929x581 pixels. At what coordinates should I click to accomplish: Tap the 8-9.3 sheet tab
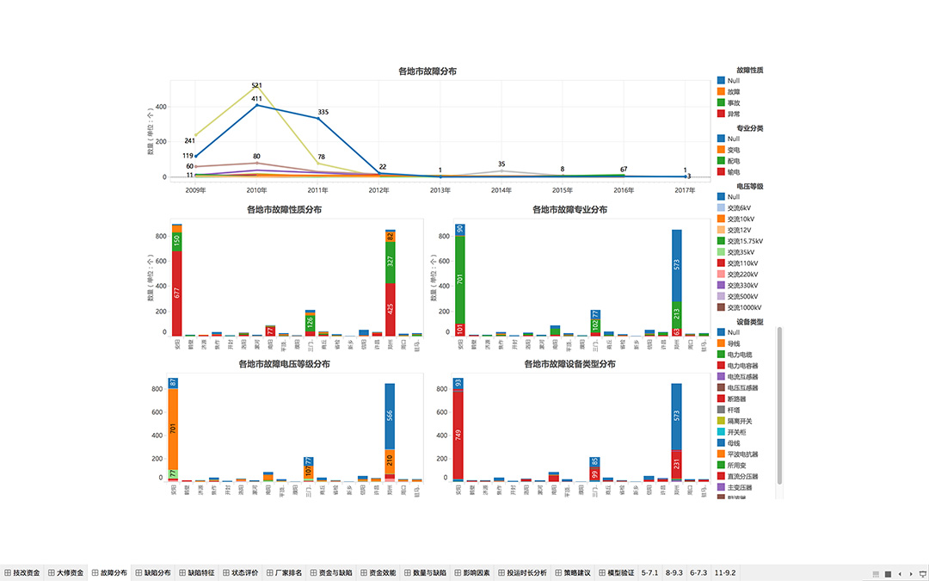click(674, 572)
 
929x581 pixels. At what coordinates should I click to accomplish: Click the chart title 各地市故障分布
click(428, 71)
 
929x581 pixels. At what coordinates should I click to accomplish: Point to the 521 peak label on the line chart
click(256, 85)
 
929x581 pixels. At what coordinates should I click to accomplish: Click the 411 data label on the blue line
click(256, 99)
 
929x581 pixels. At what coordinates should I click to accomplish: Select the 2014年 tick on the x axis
click(501, 189)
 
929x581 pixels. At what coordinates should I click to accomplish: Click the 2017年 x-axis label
click(685, 189)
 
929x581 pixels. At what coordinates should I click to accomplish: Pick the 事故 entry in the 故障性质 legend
click(733, 102)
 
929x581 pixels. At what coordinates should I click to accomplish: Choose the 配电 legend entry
click(733, 161)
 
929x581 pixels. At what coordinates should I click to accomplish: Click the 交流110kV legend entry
click(742, 263)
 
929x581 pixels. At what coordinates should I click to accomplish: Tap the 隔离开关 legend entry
click(739, 421)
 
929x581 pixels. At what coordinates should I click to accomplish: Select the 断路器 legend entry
click(736, 399)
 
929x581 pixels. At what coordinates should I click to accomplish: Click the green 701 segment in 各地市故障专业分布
click(460, 279)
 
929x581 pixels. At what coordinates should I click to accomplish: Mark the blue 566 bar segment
click(390, 415)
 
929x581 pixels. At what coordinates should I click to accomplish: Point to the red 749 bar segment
click(458, 435)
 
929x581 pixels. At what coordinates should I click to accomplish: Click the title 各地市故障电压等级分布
click(284, 364)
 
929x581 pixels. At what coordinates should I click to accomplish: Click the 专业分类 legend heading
click(749, 127)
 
